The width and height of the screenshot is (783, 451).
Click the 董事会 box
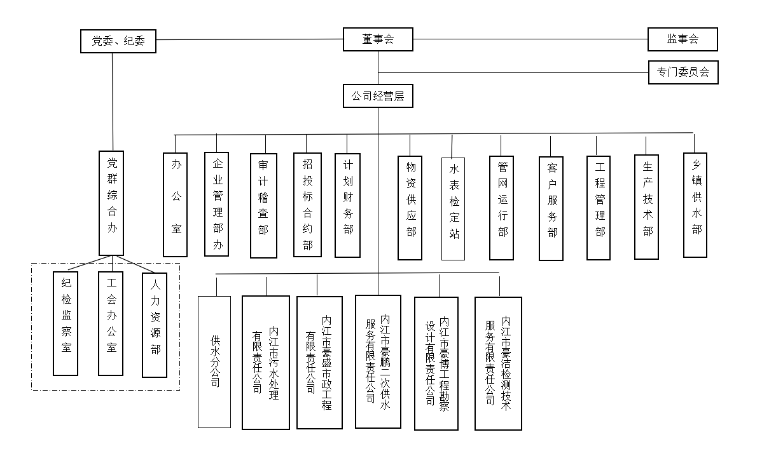pyautogui.click(x=378, y=39)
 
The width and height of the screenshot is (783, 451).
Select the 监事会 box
pyautogui.click(x=683, y=39)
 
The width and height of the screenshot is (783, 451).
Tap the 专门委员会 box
pyautogui.click(x=683, y=72)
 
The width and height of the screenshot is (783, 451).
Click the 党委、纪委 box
pyautogui.click(x=118, y=41)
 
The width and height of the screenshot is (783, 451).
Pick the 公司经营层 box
pyautogui.click(x=378, y=97)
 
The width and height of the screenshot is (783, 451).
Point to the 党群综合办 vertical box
pyautogui.click(x=112, y=203)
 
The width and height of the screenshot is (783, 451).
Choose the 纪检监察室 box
pyautogui.click(x=66, y=322)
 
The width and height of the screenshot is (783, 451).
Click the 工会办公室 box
pyautogui.click(x=111, y=322)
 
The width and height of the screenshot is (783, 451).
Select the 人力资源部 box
pyautogui.click(x=155, y=324)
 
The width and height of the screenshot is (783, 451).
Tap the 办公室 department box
pyautogui.click(x=175, y=204)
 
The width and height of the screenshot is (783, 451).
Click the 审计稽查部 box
pyautogui.click(x=263, y=205)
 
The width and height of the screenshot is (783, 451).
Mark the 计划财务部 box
pyautogui.click(x=347, y=205)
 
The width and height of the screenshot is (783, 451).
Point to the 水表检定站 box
pyautogui.click(x=453, y=208)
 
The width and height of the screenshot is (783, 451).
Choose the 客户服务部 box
pyautogui.click(x=551, y=208)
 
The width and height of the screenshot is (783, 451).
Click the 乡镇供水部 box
pyautogui.click(x=695, y=205)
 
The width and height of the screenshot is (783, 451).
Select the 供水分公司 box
pyautogui.click(x=214, y=361)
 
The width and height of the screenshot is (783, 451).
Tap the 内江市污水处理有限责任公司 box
pyautogui.click(x=266, y=362)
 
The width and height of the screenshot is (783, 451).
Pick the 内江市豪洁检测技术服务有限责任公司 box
pyautogui.click(x=498, y=363)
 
